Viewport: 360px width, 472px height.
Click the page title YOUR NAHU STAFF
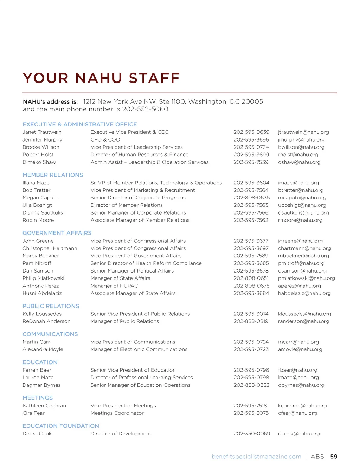coord(101,78)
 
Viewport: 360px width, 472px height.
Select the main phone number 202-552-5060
coord(145,109)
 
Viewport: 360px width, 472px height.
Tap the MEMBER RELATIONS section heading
coord(53,175)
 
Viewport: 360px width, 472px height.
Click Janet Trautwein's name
coord(42,132)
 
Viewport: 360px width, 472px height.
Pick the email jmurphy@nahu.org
coord(301,140)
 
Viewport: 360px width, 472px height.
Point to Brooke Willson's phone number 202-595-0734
coord(251,147)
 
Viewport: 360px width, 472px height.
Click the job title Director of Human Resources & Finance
coord(139,155)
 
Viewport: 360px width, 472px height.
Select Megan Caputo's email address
coord(302,198)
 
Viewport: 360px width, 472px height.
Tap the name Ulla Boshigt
coord(37,205)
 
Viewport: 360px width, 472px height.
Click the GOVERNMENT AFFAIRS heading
coord(57,233)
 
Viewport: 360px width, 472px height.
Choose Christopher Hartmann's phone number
coord(251,248)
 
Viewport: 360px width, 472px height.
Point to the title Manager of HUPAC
coord(114,286)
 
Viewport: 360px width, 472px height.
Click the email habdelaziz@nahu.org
coord(304,293)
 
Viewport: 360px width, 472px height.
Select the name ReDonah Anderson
coord(46,321)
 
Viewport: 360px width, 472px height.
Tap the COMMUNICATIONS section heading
coord(50,334)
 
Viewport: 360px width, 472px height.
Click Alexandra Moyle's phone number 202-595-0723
coord(251,349)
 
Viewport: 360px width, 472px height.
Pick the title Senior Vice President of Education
coord(133,370)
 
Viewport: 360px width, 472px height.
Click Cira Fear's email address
coord(297,413)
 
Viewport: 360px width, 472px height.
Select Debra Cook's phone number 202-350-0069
coord(252,434)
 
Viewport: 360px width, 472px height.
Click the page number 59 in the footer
coord(334,457)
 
